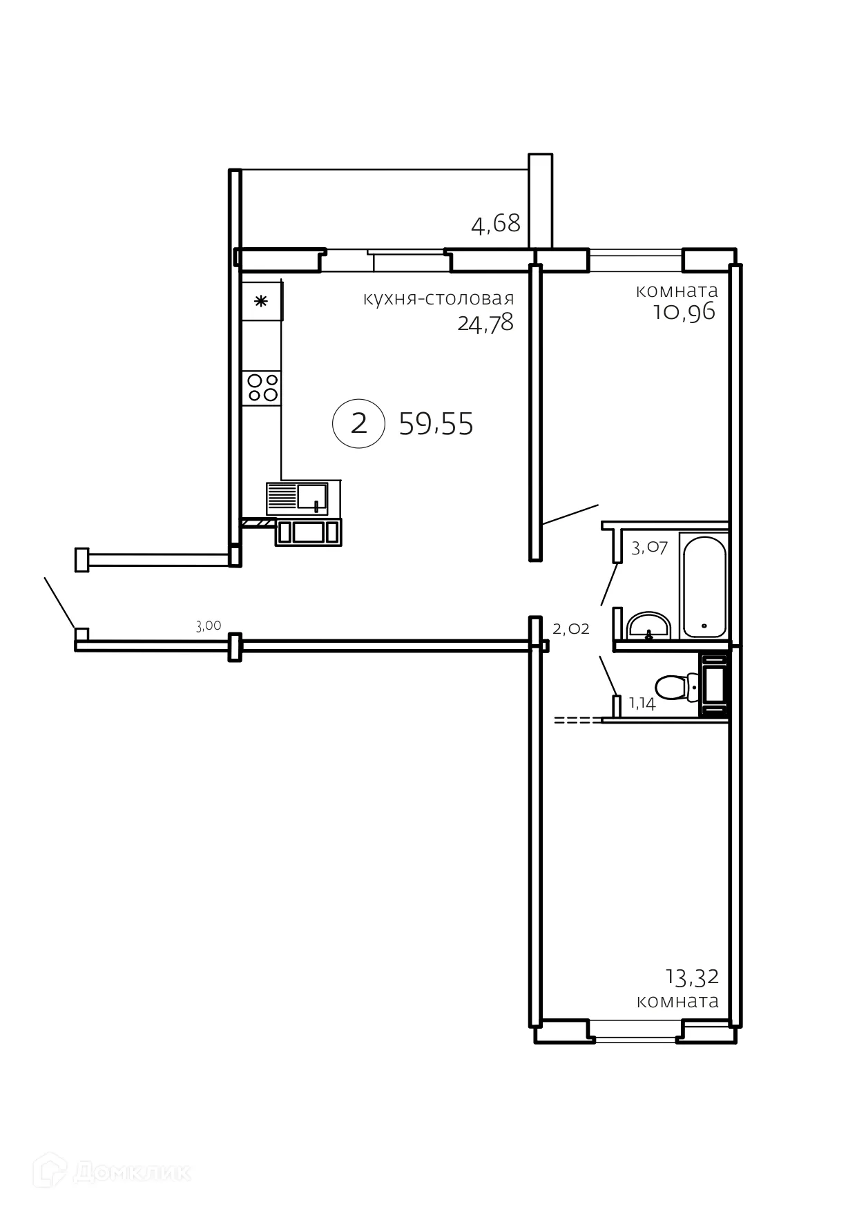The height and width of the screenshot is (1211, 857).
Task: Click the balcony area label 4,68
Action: pos(495,224)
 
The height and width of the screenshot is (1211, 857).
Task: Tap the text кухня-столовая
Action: pos(439,298)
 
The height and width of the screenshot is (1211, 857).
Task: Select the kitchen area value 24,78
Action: pos(485,322)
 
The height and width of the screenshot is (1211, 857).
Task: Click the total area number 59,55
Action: pos(436,424)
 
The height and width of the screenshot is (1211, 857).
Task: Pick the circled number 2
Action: pos(358,423)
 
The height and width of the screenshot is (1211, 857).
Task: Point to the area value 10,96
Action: pos(684,312)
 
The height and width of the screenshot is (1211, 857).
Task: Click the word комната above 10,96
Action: pos(677,291)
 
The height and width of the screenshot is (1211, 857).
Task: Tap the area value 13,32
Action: pos(692,977)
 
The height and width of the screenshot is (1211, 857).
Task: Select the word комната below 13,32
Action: pos(677,1001)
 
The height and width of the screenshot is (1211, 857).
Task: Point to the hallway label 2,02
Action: pos(571,628)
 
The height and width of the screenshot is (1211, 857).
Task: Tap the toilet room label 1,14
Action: pos(642,704)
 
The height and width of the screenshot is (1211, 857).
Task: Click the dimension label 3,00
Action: pos(209,626)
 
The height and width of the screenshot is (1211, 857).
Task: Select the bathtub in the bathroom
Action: pos(704,586)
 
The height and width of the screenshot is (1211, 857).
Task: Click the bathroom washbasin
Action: pos(648,625)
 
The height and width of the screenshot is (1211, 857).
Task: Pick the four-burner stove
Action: pos(262,387)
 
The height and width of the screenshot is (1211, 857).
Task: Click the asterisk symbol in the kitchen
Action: pos(261,301)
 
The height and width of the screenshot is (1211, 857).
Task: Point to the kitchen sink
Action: pos(298,498)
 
